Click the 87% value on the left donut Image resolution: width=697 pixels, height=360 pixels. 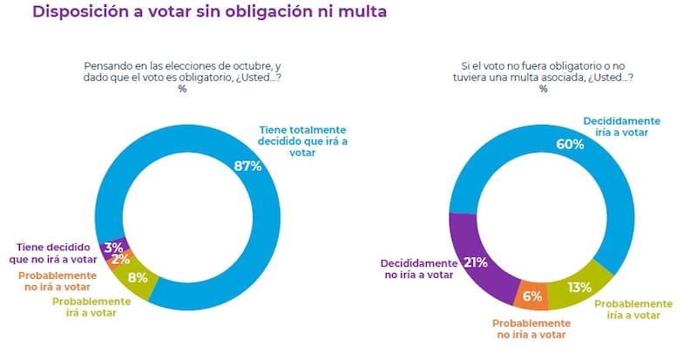pyautogui.click(x=247, y=166)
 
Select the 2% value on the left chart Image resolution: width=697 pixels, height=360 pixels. pyautogui.click(x=120, y=259)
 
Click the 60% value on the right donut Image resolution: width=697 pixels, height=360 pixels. pyautogui.click(x=570, y=144)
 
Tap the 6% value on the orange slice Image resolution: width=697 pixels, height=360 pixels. pyautogui.click(x=533, y=296)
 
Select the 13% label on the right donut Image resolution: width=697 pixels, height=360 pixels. pyautogui.click(x=579, y=287)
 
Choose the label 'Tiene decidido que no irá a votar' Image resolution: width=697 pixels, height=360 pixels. pyautogui.click(x=56, y=252)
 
